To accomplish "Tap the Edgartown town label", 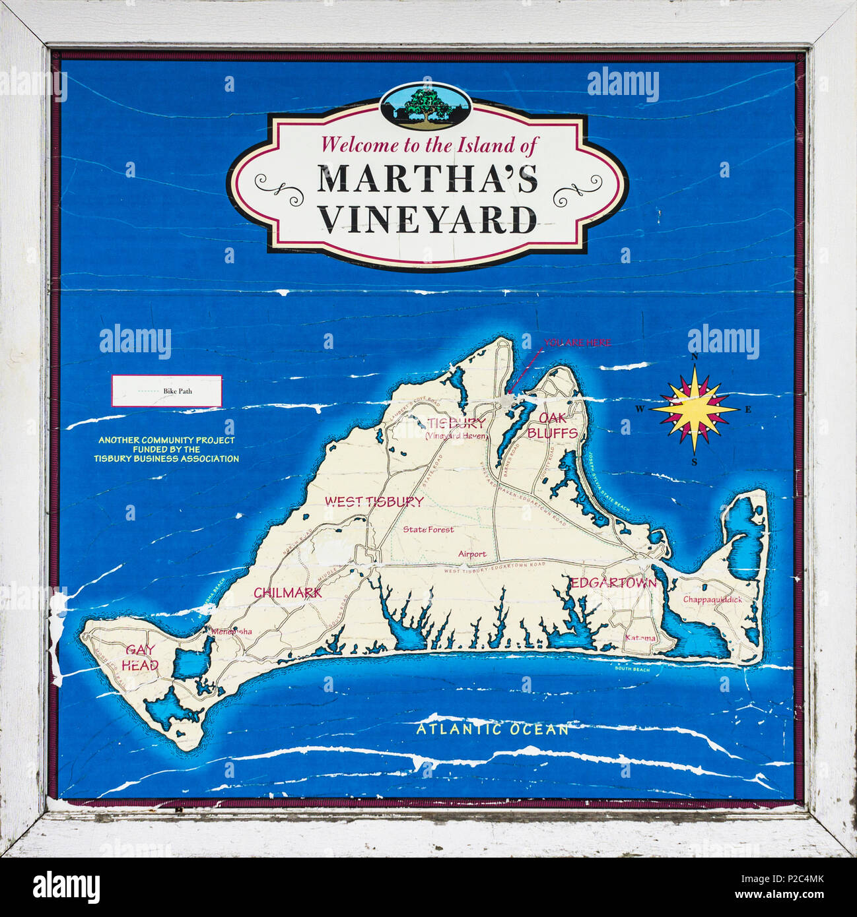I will (x=613, y=583).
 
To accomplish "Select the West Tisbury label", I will (x=374, y=501).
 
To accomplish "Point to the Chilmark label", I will (x=288, y=592).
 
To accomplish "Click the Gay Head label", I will (x=139, y=657).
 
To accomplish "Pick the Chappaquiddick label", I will (x=712, y=600).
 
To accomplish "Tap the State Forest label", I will (x=428, y=529).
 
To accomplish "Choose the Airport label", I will (x=472, y=554).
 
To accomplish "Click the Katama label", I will (x=640, y=638).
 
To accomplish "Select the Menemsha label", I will (x=231, y=631).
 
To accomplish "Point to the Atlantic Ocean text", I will (x=492, y=729).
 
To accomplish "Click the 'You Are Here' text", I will (x=577, y=343).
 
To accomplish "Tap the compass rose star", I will (x=695, y=409).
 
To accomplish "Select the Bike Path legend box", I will (x=166, y=391).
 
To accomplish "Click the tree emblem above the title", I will (x=426, y=104).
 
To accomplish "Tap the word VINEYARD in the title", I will (x=428, y=220).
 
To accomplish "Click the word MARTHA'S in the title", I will (x=428, y=179).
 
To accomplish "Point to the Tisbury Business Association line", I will (x=166, y=458).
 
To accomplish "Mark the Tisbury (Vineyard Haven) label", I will (x=456, y=428).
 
